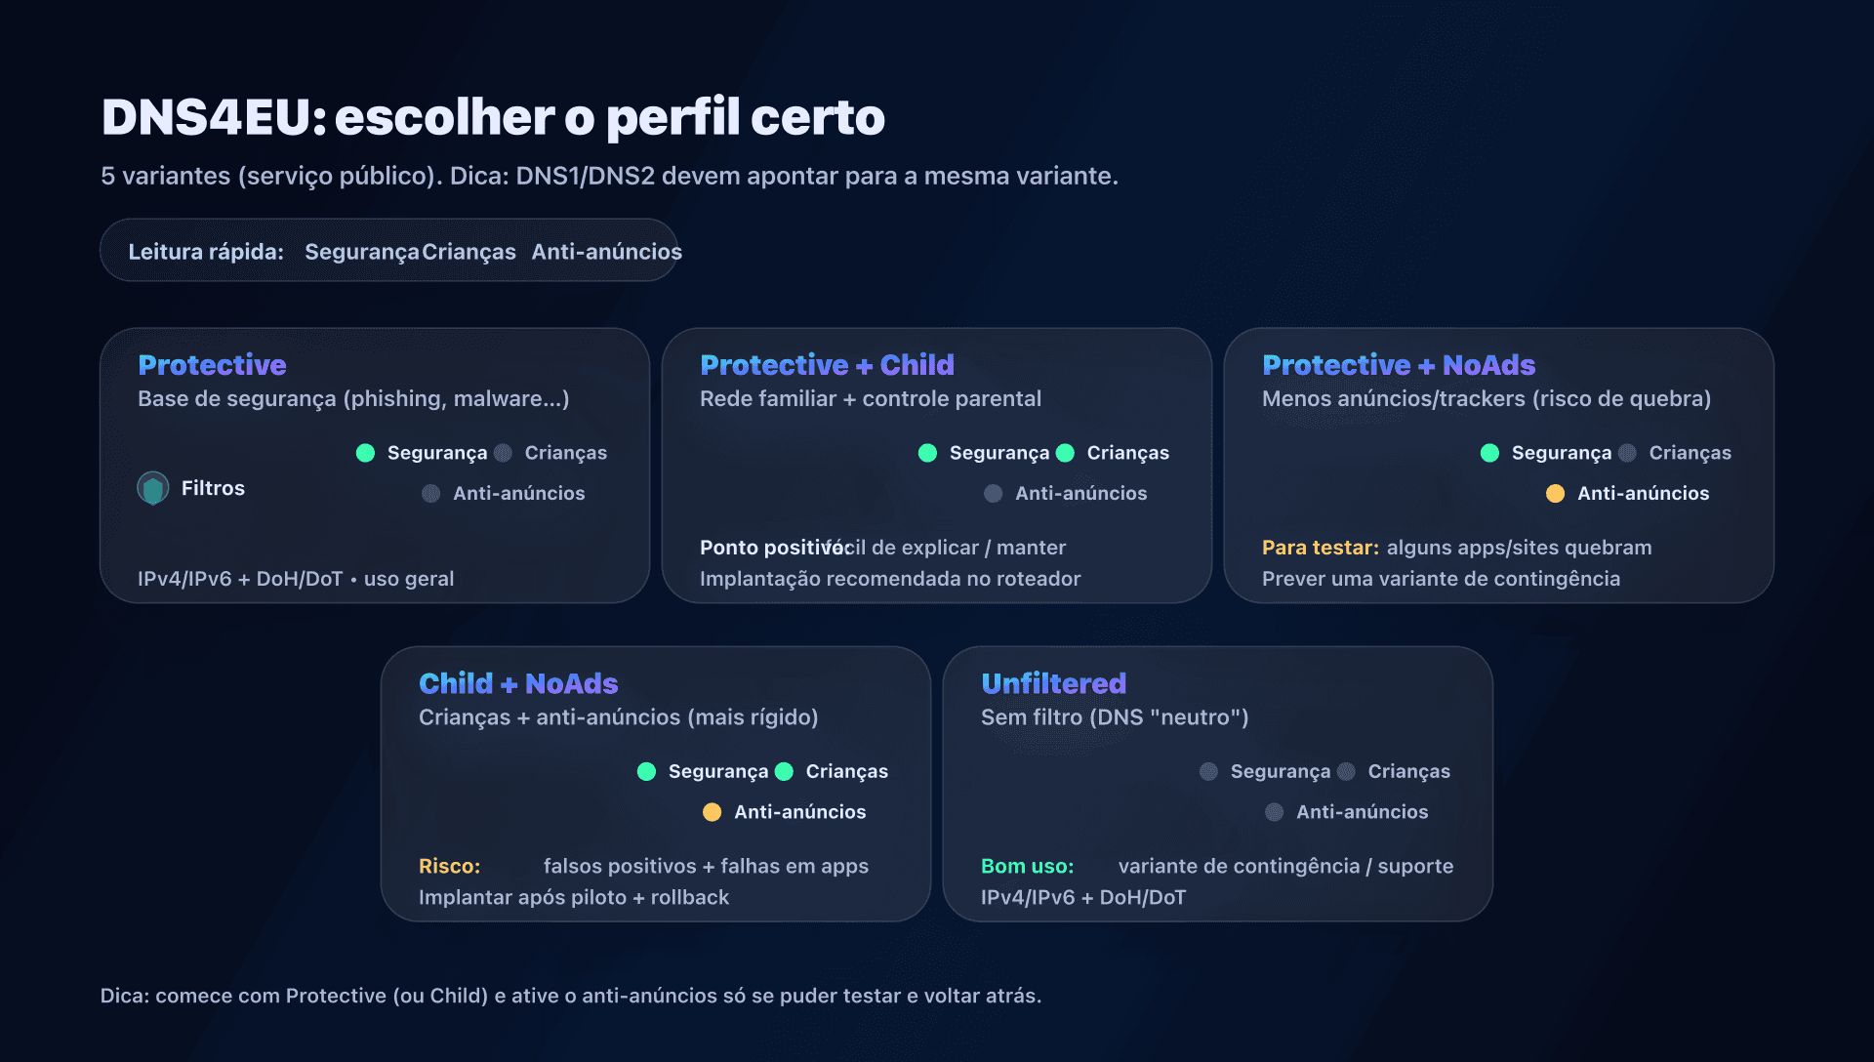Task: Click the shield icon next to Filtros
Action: pyautogui.click(x=153, y=488)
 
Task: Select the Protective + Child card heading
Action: pyautogui.click(x=827, y=365)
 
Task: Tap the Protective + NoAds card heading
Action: pyautogui.click(x=1398, y=365)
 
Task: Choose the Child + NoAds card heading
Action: pyautogui.click(x=518, y=683)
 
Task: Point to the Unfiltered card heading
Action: pyautogui.click(x=1053, y=683)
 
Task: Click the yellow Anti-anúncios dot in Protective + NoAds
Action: pyautogui.click(x=1555, y=494)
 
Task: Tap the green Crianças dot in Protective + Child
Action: pyautogui.click(x=1065, y=453)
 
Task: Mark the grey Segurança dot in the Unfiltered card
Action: pyautogui.click(x=1208, y=772)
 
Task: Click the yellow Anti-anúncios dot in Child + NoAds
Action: pyautogui.click(x=712, y=812)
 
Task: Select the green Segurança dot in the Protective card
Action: pyautogui.click(x=365, y=453)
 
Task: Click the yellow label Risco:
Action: pyautogui.click(x=449, y=867)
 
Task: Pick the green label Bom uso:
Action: pyautogui.click(x=1027, y=867)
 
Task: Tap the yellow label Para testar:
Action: pyautogui.click(x=1320, y=548)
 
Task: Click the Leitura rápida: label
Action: pyautogui.click(x=206, y=252)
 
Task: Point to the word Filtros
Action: pyautogui.click(x=213, y=488)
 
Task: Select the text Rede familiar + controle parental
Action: pyautogui.click(x=870, y=398)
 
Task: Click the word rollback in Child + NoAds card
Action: pyautogui.click(x=689, y=898)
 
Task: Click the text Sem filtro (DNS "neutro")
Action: pyautogui.click(x=1114, y=717)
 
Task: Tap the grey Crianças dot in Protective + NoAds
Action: pyautogui.click(x=1627, y=453)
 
